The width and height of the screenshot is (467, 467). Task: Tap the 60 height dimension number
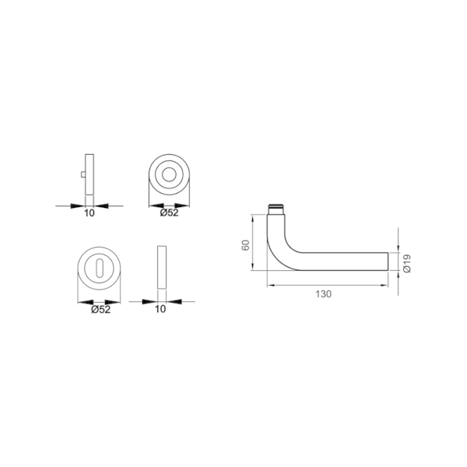pos(245,244)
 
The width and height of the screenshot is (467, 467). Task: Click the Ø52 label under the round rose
pos(169,213)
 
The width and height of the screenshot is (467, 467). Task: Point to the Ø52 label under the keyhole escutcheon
pos(99,309)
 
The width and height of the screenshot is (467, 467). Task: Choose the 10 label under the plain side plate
pos(161,309)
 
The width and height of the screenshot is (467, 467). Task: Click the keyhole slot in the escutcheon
pos(99,269)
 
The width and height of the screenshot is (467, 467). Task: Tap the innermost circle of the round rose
pos(169,174)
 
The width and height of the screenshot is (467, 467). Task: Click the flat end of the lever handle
pos(387,261)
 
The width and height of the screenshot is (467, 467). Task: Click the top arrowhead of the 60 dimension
pos(255,218)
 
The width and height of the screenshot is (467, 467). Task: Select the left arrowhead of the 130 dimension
pos(269,283)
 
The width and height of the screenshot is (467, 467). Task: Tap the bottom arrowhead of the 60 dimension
pos(255,265)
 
